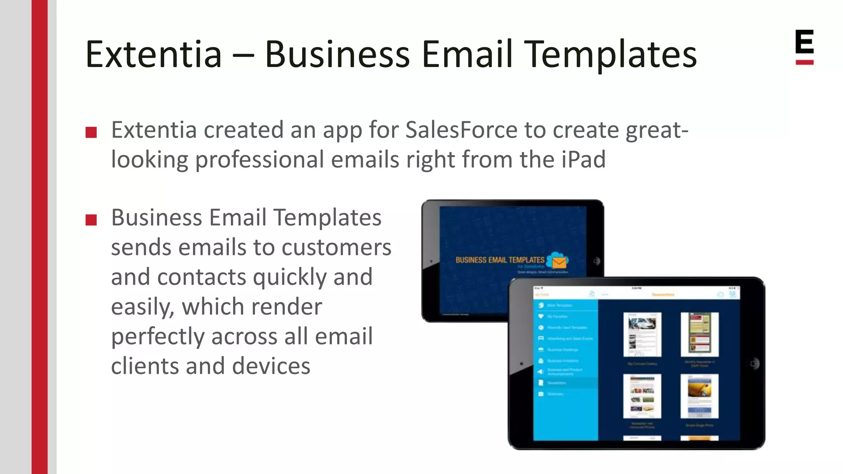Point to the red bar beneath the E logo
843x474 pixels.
pyautogui.click(x=804, y=63)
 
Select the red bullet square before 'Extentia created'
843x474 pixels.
pyautogui.click(x=91, y=132)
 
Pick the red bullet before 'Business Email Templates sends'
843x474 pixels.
pyautogui.click(x=91, y=220)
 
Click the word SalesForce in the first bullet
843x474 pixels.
pyautogui.click(x=461, y=130)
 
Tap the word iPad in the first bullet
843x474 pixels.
pyautogui.click(x=583, y=159)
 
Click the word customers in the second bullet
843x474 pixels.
pyautogui.click(x=336, y=247)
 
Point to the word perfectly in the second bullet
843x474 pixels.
pyautogui.click(x=158, y=336)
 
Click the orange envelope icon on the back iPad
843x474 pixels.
pyautogui.click(x=559, y=262)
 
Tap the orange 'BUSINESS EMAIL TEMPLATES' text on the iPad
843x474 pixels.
pyautogui.click(x=500, y=260)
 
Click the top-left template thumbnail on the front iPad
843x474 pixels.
pyautogui.click(x=642, y=334)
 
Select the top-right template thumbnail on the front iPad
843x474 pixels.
pyautogui.click(x=699, y=334)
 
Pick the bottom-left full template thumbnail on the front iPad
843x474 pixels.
pyautogui.click(x=642, y=396)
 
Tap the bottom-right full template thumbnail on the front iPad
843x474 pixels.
pyautogui.click(x=699, y=396)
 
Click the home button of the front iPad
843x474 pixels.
pyautogui.click(x=753, y=364)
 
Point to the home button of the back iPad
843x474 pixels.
pyautogui.click(x=596, y=261)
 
